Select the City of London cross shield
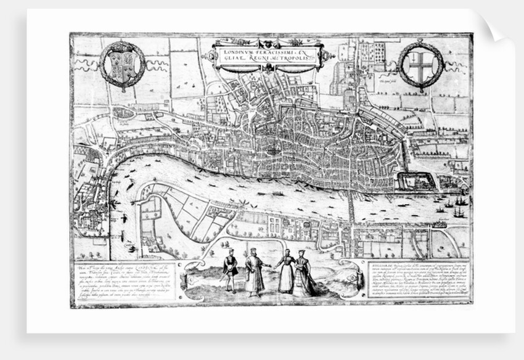point(421,63)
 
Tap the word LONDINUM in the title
point(238,49)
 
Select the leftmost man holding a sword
point(230,269)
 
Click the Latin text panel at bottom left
point(121,281)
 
